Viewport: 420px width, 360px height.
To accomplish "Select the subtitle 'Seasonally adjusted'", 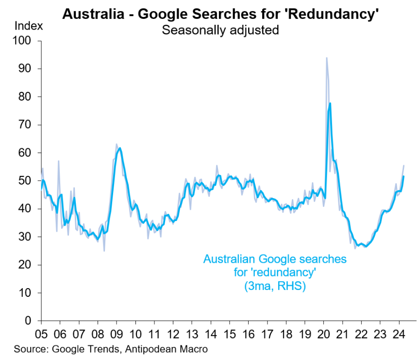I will coord(220,30).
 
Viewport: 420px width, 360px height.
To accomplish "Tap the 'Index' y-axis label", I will coord(28,25).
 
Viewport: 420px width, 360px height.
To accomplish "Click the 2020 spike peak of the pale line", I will coord(326,58).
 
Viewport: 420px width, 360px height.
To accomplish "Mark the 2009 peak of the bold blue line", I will coord(120,148).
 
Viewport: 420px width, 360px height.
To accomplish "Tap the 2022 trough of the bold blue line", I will coord(365,246).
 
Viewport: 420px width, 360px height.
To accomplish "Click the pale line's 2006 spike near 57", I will coord(58,161).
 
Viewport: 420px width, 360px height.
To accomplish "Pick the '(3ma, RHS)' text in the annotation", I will coord(274,286).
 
